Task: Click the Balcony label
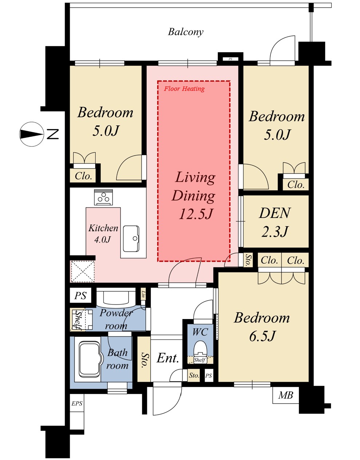(185, 32)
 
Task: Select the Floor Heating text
(184, 89)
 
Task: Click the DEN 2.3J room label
(275, 222)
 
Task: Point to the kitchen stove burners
(103, 197)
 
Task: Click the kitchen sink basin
(131, 239)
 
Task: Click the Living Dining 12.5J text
(194, 195)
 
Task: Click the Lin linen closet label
(143, 294)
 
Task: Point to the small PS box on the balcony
(231, 59)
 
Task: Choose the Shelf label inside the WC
(200, 360)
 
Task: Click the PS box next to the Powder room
(80, 295)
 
